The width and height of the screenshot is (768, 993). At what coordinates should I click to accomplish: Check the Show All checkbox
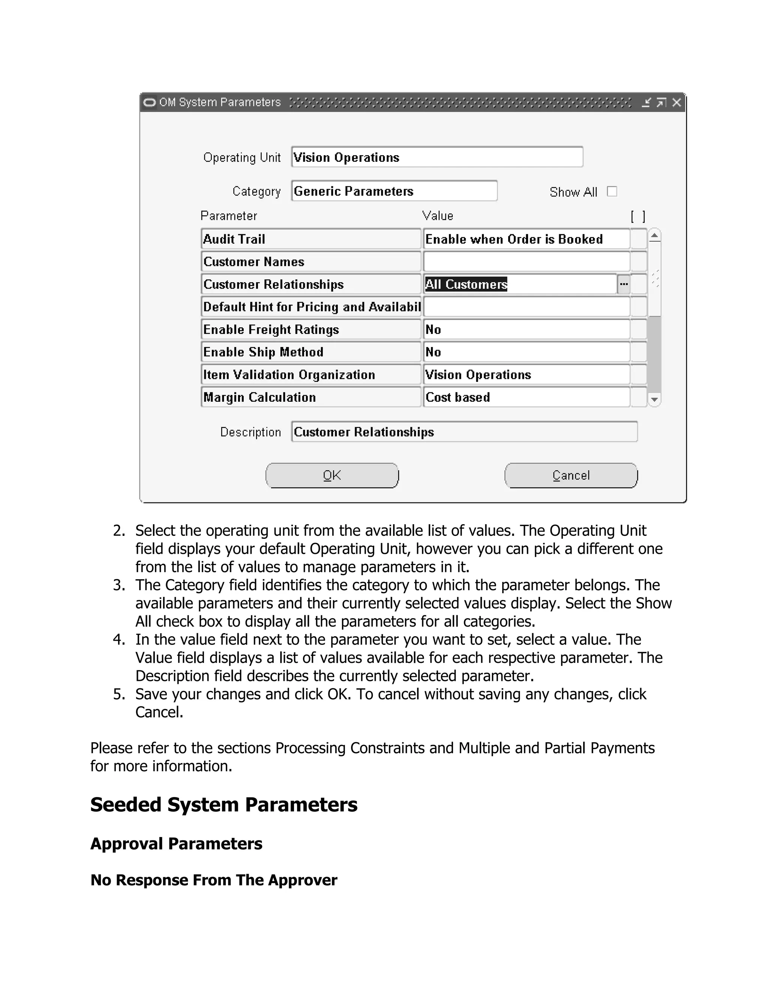point(612,191)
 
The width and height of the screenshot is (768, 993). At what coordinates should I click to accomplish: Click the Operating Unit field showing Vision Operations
point(437,157)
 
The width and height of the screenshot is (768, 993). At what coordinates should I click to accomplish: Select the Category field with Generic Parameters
point(394,191)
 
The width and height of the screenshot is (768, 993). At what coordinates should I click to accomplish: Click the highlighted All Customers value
point(466,284)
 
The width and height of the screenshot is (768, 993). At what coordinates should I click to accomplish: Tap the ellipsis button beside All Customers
point(623,284)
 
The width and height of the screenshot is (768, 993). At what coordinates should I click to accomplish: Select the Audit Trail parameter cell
point(311,239)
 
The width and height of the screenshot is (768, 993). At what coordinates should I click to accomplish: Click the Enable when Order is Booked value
point(526,239)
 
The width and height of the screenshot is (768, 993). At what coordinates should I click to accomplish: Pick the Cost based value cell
point(526,397)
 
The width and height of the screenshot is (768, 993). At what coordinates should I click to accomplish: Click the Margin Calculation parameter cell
point(311,397)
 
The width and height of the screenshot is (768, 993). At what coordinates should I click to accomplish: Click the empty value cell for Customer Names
point(526,262)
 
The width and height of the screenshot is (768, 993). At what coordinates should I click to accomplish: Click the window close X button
point(676,102)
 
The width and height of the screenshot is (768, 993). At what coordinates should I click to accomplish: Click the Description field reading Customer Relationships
point(464,432)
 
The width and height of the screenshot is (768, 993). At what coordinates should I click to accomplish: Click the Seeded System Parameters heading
point(224,804)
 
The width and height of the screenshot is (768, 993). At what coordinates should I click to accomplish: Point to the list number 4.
point(119,640)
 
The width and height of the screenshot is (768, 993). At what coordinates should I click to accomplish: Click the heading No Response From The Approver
point(214,880)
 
